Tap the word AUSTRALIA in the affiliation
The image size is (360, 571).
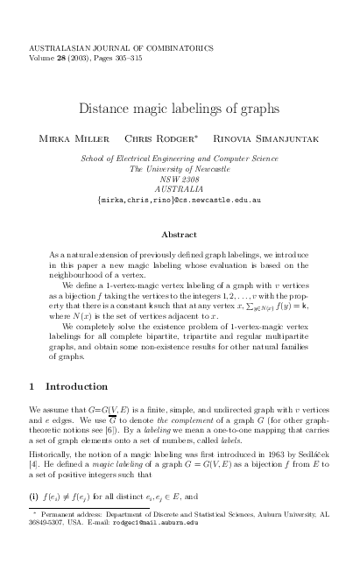[179, 187]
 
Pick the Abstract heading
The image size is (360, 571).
[180, 234]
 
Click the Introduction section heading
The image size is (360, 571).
[76, 385]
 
